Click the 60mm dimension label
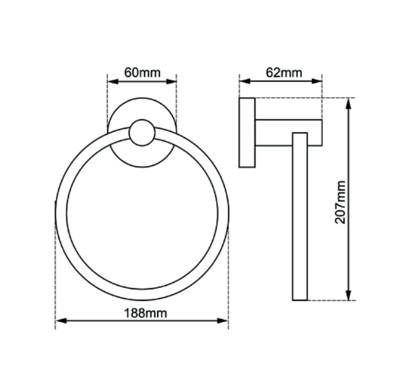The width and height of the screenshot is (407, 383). tap(142, 72)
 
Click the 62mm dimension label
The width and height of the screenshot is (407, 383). tap(284, 72)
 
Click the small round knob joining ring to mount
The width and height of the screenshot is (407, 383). tap(142, 133)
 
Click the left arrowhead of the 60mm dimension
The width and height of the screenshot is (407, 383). tap(111, 80)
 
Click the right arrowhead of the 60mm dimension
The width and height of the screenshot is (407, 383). tap(174, 80)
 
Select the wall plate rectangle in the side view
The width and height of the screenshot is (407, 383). tap(247, 132)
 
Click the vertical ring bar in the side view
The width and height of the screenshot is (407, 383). tap(300, 216)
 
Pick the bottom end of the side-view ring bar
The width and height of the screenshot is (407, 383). tap(300, 299)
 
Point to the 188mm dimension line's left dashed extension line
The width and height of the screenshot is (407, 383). tap(55, 271)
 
